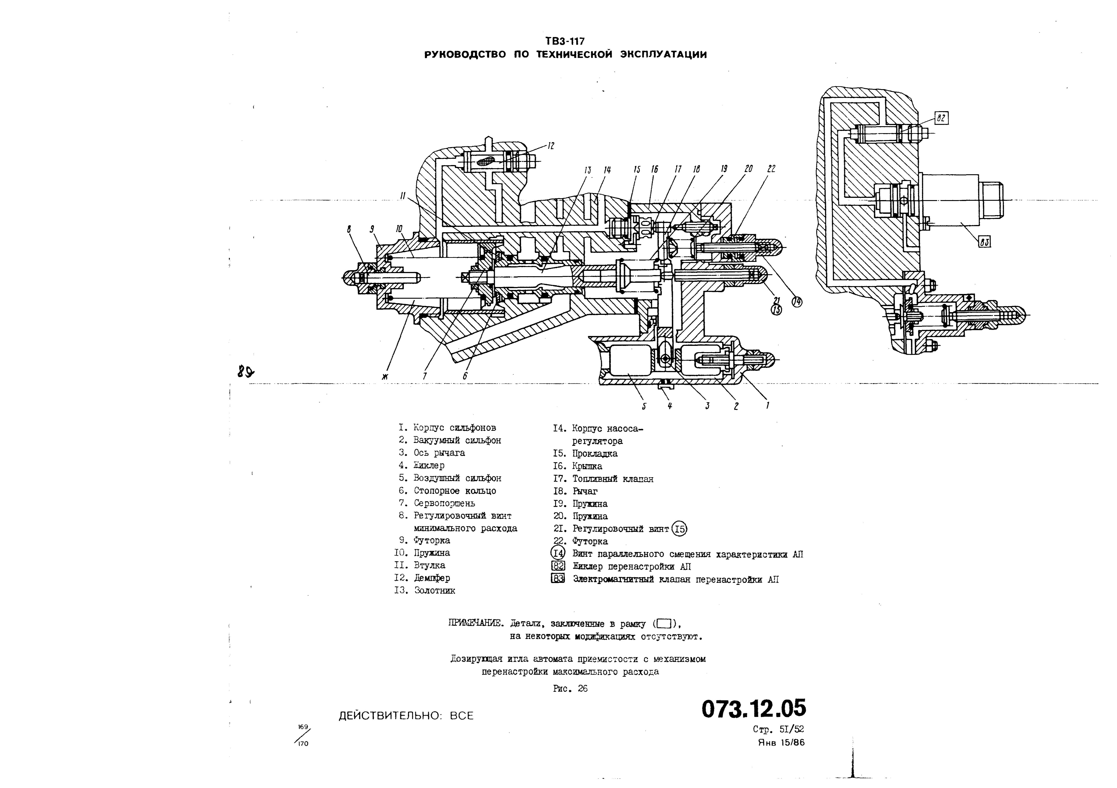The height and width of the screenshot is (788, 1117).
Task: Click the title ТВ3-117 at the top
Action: [565, 41]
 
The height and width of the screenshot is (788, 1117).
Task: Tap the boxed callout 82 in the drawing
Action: [941, 118]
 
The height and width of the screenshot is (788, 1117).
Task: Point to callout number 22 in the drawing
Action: [771, 169]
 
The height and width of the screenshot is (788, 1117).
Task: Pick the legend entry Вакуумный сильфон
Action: [457, 440]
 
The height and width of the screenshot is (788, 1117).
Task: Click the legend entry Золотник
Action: [434, 590]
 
